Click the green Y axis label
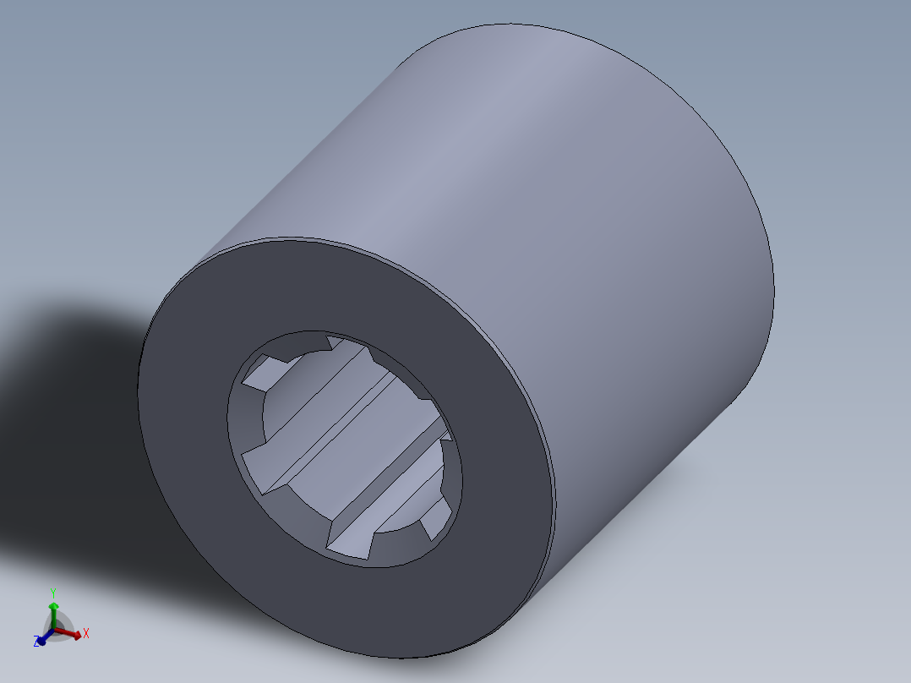[52, 592]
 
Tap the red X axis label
[86, 632]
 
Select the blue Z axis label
[38, 642]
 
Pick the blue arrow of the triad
[43, 638]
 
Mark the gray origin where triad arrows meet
[53, 630]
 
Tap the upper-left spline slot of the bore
[262, 372]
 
